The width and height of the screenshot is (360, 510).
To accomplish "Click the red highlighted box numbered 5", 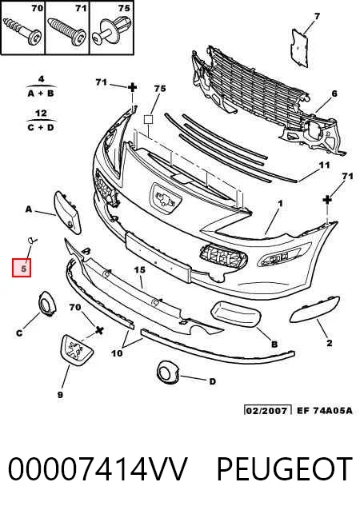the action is pos(22,268).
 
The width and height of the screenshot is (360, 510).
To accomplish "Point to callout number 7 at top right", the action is pos(317,16).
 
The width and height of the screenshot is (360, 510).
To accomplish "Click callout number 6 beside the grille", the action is pos(334,94).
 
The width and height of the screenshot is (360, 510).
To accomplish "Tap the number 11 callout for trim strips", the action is pos(324,165).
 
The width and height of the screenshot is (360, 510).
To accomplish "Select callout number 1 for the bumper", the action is pos(280,204).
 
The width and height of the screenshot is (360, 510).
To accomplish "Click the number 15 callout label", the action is pos(140,270).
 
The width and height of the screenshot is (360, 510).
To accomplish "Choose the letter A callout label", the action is pos(29,209).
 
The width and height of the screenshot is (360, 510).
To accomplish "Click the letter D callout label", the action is pos(212,381).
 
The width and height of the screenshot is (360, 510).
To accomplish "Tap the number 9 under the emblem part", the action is pos(60,395).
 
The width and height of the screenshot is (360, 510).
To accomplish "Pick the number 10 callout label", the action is pos(117,353).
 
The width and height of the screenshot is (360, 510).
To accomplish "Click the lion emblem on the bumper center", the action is pos(166,198).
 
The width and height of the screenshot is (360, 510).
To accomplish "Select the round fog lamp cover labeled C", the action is pos(47,304).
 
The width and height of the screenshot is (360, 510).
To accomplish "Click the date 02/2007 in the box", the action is pos(268,410).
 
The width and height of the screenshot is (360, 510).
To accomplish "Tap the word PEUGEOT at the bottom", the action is pos(284,469).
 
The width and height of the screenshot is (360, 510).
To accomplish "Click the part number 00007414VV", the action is pos(98,469).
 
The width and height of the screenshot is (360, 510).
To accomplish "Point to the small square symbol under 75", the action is pos(148,120).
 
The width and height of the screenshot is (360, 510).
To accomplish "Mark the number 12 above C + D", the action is pos(41,114).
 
